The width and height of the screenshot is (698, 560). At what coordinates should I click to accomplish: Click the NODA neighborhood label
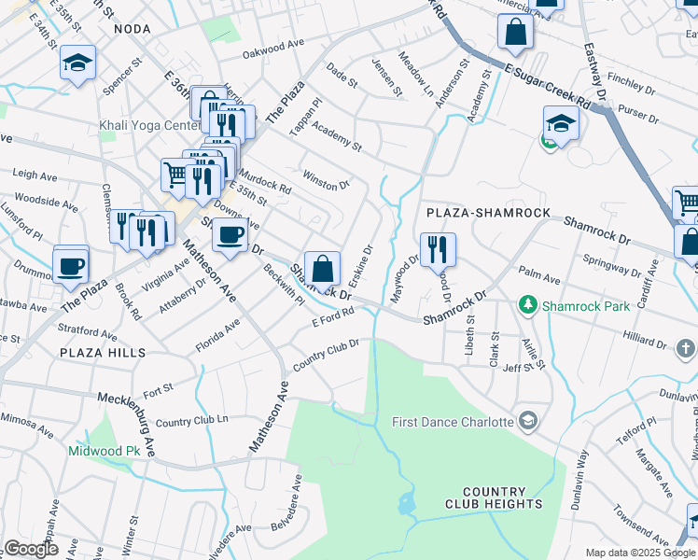click(132, 30)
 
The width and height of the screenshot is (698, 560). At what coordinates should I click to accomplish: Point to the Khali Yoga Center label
click(148, 126)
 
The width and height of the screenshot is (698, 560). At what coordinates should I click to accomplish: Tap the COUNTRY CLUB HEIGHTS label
click(502, 497)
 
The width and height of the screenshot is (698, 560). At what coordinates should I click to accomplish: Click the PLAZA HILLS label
click(103, 352)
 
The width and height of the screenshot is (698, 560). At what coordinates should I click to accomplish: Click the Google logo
click(31, 549)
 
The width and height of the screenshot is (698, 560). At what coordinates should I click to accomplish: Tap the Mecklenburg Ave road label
click(126, 412)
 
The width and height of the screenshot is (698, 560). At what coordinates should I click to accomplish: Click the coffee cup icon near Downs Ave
click(229, 236)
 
